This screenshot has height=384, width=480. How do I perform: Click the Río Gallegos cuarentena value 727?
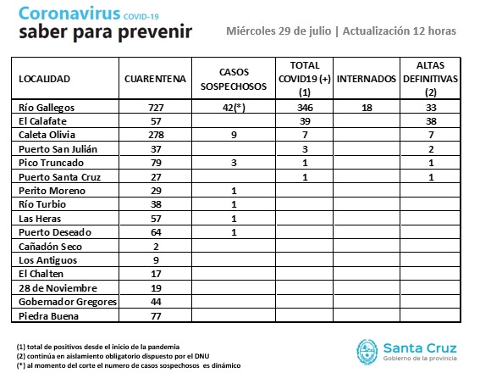point(156,108)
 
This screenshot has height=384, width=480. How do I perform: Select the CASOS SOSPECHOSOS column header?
point(234,79)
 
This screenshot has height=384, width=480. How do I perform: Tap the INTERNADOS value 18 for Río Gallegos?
point(367,108)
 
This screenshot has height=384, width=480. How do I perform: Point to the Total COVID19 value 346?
point(305,108)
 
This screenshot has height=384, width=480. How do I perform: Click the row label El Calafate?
point(42,121)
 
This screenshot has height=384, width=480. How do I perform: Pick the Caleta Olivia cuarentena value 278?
point(156,135)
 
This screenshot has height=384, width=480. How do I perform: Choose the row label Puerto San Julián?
point(58,149)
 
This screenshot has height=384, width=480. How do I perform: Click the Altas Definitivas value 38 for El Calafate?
point(431,121)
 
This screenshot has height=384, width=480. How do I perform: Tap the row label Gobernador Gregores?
point(68,302)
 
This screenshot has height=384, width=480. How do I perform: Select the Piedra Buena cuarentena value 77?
point(156,316)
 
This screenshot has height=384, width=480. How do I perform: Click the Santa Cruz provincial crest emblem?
point(367,352)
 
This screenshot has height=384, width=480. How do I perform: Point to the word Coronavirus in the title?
point(69,14)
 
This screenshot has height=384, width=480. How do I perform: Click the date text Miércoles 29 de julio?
point(279,31)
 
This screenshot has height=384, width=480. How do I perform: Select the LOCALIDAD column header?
point(44,79)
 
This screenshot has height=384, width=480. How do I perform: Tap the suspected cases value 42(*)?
point(234,108)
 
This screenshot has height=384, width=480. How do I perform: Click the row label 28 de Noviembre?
point(58,288)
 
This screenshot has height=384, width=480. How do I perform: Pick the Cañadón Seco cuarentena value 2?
point(156,247)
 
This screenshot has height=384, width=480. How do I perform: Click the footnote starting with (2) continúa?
point(113,356)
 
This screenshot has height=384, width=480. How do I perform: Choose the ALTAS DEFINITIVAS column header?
point(430,79)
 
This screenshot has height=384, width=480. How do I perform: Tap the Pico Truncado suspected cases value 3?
point(234,163)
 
